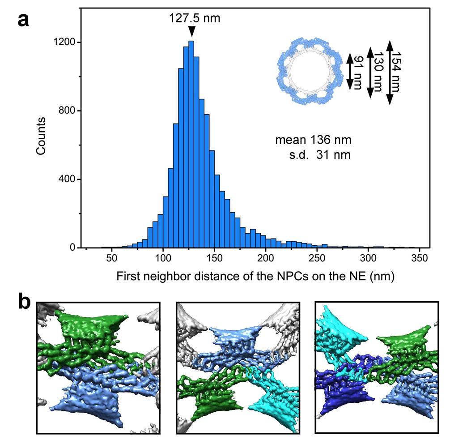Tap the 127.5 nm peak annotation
coord(195,18)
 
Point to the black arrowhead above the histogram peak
coord(192,32)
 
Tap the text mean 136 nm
coord(313,140)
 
